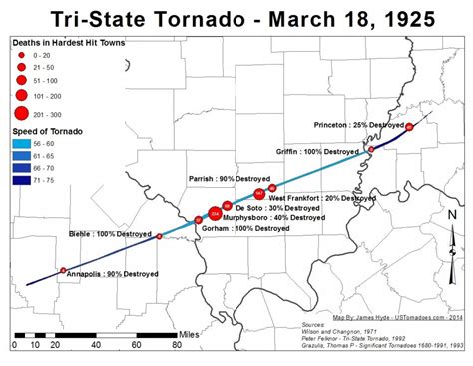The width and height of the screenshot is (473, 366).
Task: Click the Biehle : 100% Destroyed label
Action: coord(109,234)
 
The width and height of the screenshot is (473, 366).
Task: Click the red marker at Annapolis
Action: coord(64,270)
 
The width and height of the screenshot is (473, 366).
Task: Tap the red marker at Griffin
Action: coord(371,149)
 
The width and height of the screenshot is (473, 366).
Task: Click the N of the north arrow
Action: coord(452,214)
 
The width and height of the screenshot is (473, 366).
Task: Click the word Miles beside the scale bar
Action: coord(190,333)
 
